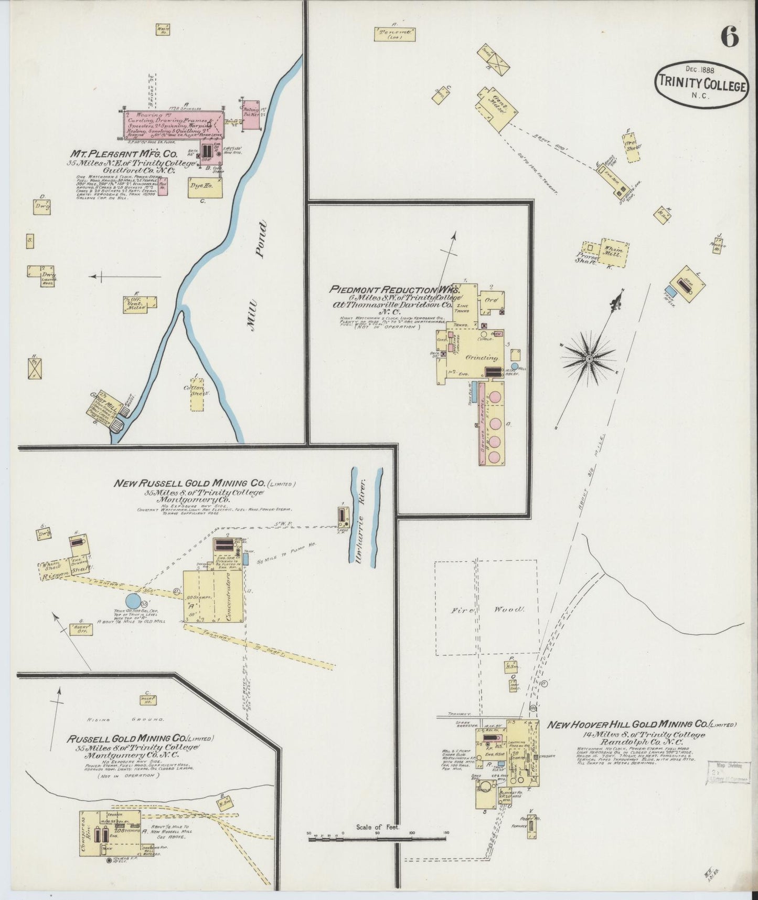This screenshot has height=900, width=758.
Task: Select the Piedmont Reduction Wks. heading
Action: tap(395, 289)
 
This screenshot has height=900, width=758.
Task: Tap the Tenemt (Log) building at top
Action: tap(394, 34)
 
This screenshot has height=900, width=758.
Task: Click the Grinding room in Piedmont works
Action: tap(482, 358)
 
